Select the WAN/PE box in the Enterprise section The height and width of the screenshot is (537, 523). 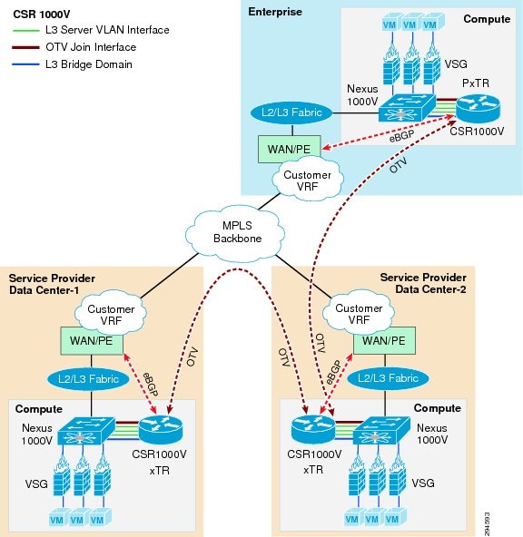point(285,147)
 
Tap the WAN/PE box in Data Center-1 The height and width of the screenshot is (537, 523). point(91,341)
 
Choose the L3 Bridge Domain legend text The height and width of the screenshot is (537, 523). point(83,63)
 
